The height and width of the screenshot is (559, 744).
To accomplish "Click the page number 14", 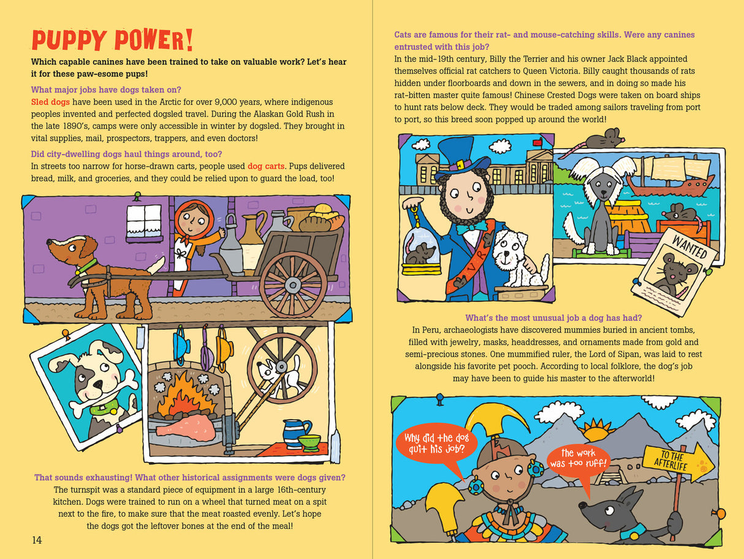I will tap(37, 540).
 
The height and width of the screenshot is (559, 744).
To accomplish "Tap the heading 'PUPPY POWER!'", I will tap(112, 40).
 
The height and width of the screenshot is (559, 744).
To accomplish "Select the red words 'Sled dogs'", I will tap(50, 102).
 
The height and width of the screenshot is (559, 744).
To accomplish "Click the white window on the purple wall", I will tap(144, 222).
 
